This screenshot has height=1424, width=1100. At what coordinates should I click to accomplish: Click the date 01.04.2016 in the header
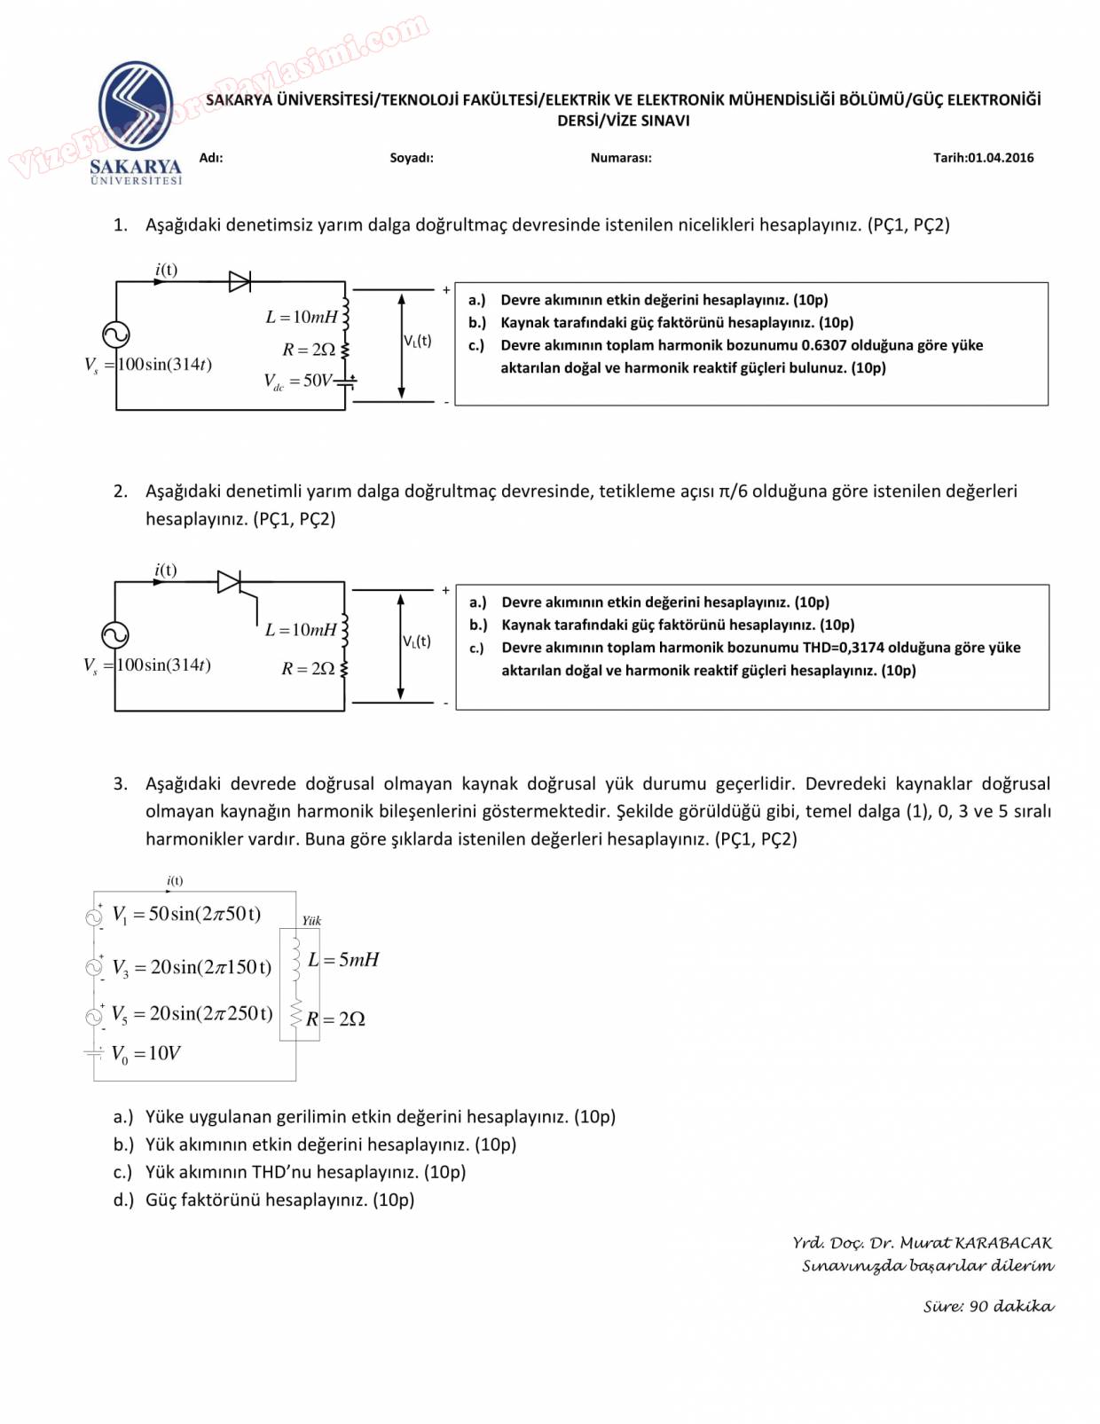[1001, 158]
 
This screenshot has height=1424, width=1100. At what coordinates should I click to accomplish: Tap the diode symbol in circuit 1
[240, 281]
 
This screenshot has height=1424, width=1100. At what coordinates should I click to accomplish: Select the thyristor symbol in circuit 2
[230, 582]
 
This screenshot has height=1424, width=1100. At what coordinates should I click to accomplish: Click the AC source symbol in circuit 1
[116, 334]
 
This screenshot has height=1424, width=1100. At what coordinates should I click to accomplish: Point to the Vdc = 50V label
[298, 382]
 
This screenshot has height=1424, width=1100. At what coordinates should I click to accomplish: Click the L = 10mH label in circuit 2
[301, 630]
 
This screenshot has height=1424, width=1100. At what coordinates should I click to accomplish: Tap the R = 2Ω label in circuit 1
[309, 350]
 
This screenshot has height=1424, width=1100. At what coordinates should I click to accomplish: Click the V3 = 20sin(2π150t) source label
[192, 967]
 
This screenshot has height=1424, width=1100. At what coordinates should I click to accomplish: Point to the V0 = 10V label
[145, 1053]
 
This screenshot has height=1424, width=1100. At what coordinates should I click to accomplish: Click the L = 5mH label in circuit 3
[343, 960]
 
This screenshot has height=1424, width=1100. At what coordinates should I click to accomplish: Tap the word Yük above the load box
[311, 921]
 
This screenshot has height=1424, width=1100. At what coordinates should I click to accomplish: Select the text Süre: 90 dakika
[988, 1306]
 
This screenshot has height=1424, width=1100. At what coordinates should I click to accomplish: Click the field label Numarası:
[621, 158]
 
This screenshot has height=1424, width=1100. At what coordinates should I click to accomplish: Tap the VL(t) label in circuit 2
[417, 641]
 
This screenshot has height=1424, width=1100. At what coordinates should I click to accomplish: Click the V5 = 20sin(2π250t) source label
[192, 1013]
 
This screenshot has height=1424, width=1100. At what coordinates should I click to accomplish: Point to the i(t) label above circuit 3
[175, 881]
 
